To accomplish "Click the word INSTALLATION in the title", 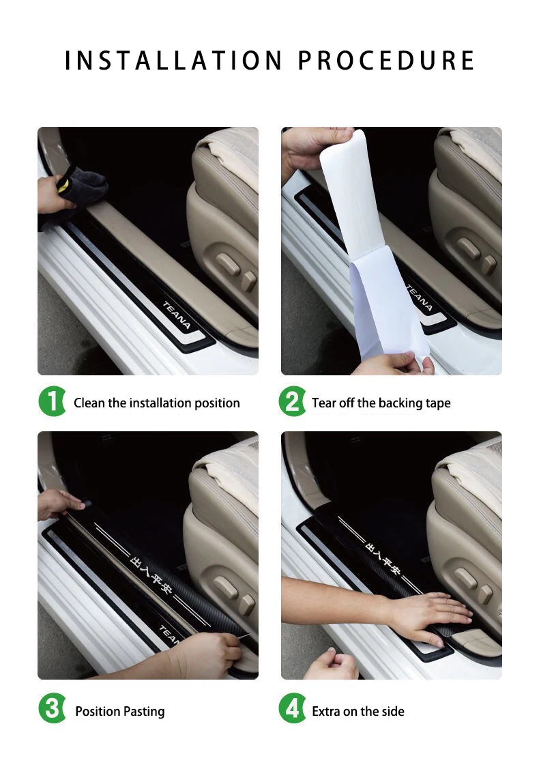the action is pyautogui.click(x=174, y=60).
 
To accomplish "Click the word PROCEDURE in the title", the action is pyautogui.click(x=386, y=60).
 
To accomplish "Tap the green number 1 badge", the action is pyautogui.click(x=52, y=401).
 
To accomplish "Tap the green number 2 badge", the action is pyautogui.click(x=292, y=401).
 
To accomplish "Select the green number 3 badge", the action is pyautogui.click(x=52, y=709).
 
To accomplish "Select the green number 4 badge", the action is pyautogui.click(x=292, y=709).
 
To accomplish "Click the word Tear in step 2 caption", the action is pyautogui.click(x=323, y=403).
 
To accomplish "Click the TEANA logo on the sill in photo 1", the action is pyautogui.click(x=177, y=315).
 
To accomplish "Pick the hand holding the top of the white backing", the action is pyautogui.click(x=313, y=147).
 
